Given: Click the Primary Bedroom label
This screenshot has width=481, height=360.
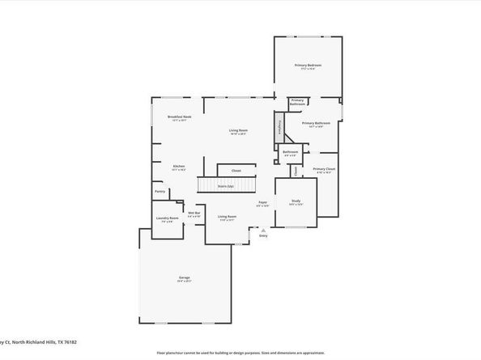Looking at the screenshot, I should (x=308, y=65).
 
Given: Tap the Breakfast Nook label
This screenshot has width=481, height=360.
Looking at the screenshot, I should (x=180, y=117).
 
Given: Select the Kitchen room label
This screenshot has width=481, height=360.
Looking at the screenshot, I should (x=179, y=167).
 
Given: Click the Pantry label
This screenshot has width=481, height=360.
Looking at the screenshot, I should (x=160, y=192).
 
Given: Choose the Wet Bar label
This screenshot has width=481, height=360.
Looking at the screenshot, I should (x=194, y=215).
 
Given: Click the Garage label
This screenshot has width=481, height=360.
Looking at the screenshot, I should (x=185, y=279).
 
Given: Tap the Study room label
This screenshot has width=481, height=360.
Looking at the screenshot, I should (x=296, y=202).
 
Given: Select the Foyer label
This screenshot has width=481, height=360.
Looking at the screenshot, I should (x=263, y=204).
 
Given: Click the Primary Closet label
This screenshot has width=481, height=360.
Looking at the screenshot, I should (x=325, y=170).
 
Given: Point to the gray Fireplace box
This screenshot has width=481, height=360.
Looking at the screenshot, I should (x=279, y=127).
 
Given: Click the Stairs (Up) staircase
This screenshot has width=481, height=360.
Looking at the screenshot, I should (x=216, y=186).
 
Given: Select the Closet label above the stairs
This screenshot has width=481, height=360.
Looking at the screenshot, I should (x=236, y=171).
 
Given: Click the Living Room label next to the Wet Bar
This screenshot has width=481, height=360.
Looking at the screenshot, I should (x=226, y=217).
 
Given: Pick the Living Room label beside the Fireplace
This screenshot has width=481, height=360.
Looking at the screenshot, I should (x=237, y=131).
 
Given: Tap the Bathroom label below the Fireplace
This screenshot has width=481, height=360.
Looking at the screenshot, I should (x=291, y=152).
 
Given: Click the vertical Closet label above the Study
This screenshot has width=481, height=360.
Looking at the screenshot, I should (x=296, y=170).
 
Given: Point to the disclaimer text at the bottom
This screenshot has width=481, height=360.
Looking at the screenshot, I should (x=240, y=353).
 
